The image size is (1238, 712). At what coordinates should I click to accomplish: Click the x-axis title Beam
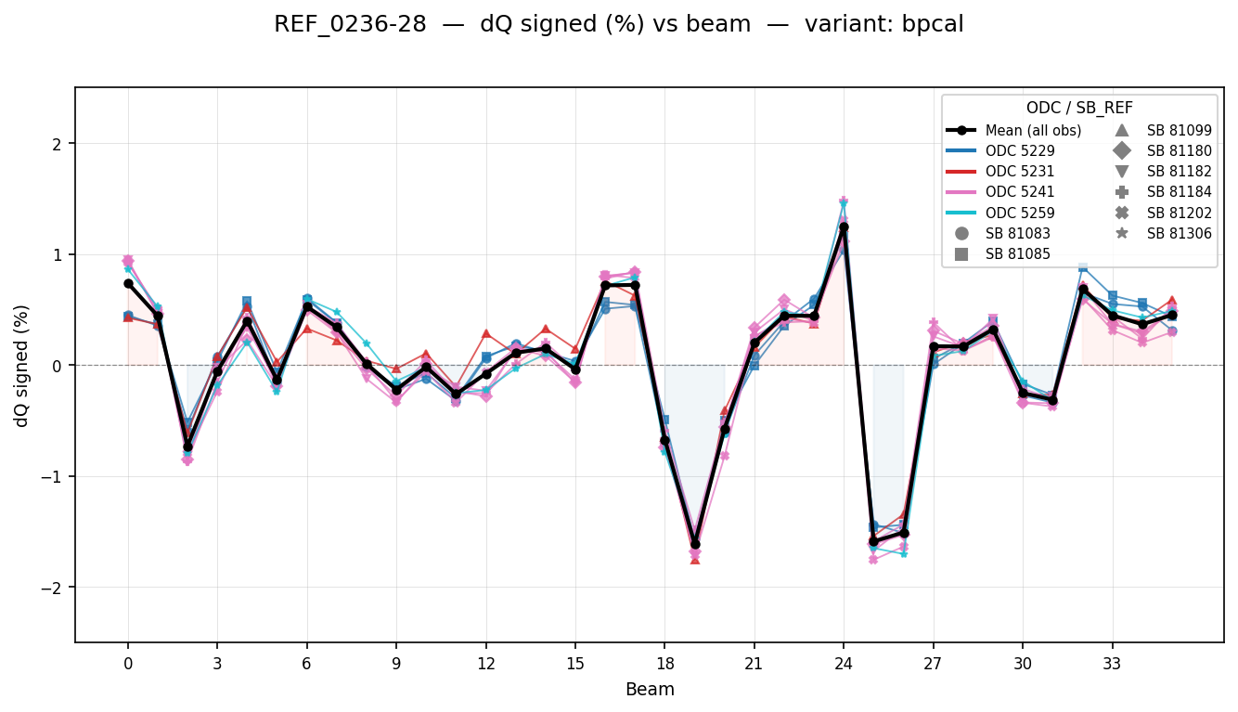click(650, 690)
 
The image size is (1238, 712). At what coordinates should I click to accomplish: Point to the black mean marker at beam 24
click(844, 227)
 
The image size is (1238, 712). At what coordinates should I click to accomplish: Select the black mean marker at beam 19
click(694, 544)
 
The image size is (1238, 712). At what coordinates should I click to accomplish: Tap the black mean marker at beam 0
click(128, 283)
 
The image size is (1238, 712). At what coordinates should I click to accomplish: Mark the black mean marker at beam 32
click(1082, 290)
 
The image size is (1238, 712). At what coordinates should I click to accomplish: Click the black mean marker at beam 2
click(187, 447)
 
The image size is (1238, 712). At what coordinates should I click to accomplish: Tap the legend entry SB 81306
click(1179, 233)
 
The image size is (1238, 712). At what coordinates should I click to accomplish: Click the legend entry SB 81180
click(1179, 150)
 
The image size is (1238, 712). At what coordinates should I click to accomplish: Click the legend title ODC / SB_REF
click(1079, 108)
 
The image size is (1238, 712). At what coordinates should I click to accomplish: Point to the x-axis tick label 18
click(664, 664)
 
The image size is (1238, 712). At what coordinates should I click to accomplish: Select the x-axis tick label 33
click(1112, 664)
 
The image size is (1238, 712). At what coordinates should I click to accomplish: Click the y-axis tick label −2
click(56, 588)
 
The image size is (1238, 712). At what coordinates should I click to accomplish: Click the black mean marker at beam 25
click(873, 540)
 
